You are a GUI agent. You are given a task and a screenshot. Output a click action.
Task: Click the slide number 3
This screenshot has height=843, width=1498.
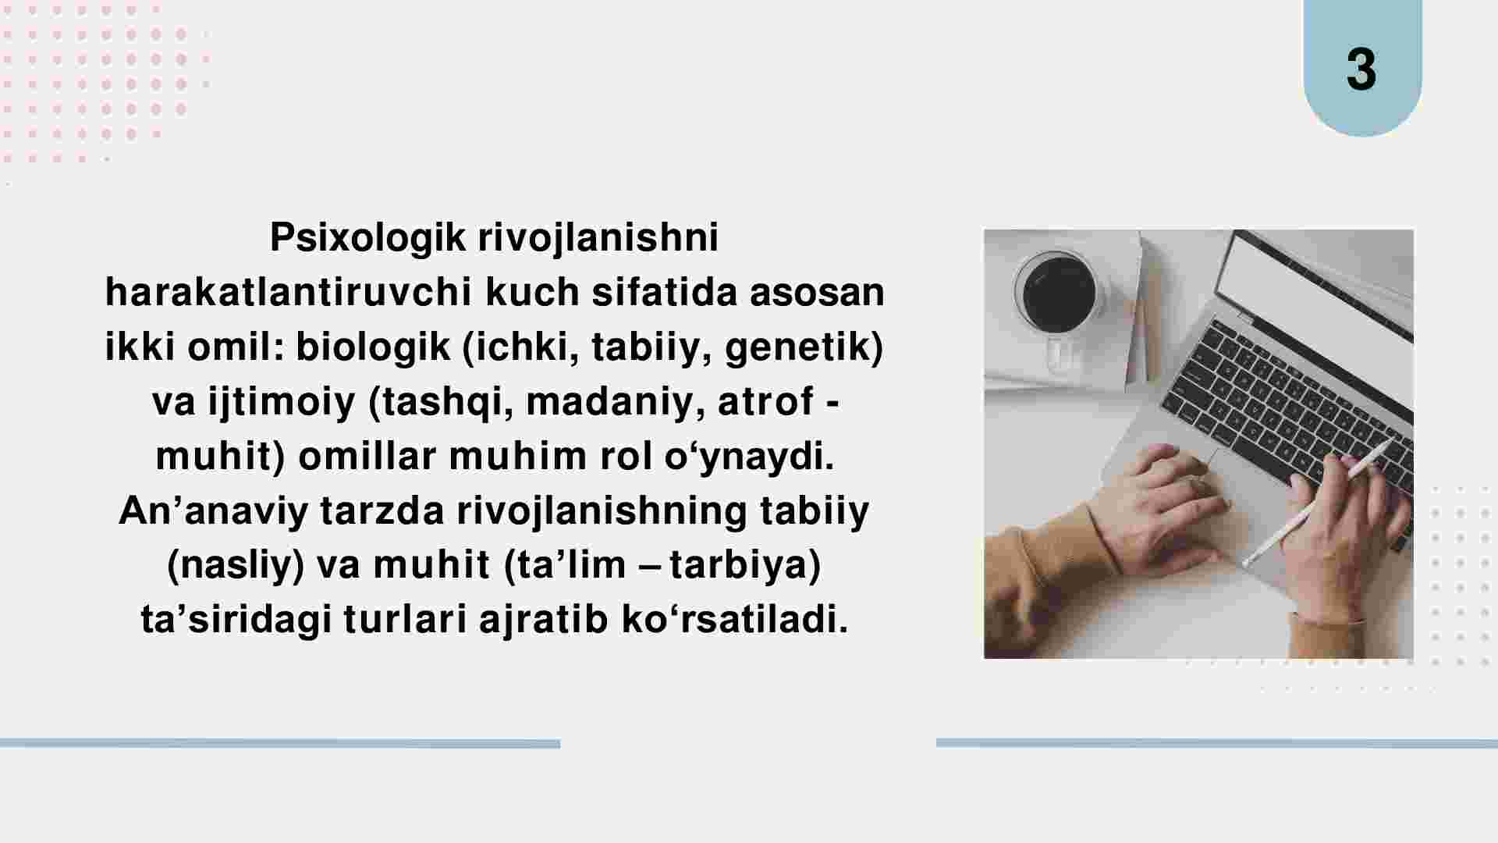click(1361, 70)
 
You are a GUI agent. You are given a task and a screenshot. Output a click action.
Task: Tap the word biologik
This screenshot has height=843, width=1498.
click(373, 347)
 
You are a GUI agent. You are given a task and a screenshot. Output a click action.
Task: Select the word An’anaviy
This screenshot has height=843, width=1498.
click(213, 512)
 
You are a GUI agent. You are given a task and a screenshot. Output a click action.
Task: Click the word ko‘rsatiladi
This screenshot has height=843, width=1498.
click(735, 621)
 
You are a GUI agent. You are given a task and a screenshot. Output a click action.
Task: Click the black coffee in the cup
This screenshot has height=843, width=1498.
click(1059, 293)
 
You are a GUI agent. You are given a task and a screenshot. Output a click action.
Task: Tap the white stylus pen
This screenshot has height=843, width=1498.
click(1317, 503)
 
